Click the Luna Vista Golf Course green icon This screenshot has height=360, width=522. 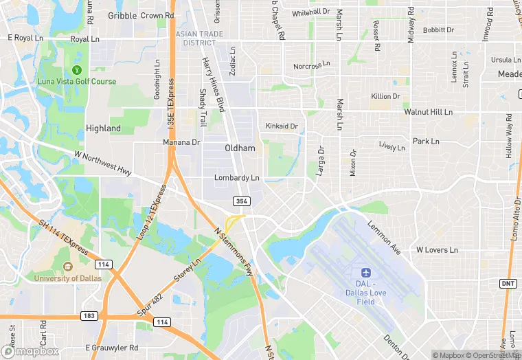point(77,69)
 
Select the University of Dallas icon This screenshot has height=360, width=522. point(67,267)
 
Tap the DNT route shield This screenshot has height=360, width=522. point(507,282)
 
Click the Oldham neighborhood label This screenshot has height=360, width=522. point(240,148)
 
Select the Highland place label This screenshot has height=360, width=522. point(103,128)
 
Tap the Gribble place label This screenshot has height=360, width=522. point(122,16)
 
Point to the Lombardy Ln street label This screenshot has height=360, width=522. point(236,177)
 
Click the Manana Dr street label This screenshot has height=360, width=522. point(181,142)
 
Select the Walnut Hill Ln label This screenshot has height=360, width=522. point(428,111)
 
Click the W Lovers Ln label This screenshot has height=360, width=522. point(437,250)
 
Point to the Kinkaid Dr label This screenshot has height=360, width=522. point(282,126)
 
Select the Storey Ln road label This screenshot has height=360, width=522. point(186,272)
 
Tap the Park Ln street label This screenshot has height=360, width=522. point(426,142)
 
